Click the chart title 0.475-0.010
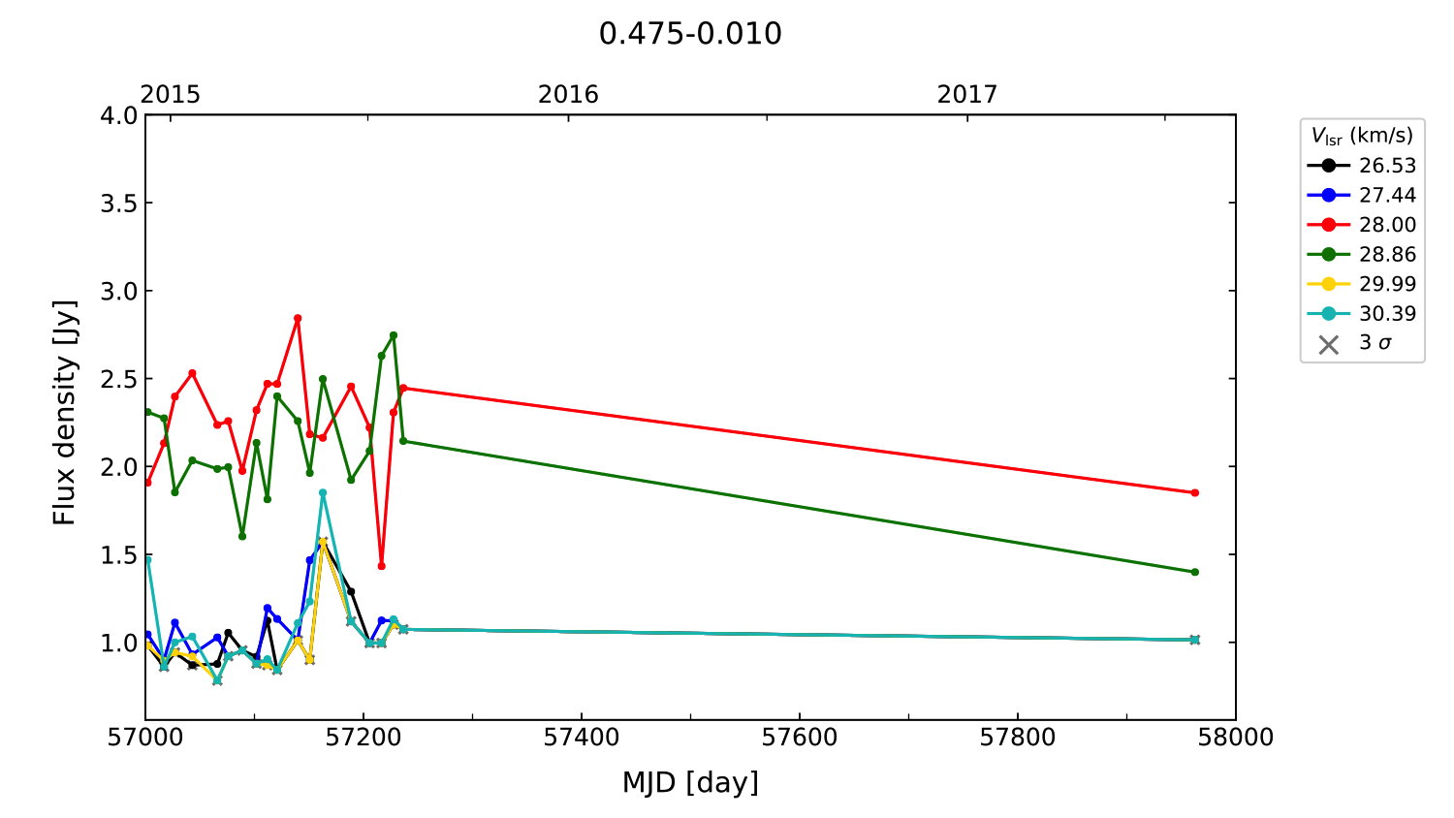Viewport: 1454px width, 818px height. tap(690, 34)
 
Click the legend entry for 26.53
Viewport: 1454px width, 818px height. tap(1361, 166)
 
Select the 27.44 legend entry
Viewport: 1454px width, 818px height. tap(1361, 195)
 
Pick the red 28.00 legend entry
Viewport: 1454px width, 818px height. tap(1361, 225)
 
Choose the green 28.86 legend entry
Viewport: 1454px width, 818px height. tap(1361, 255)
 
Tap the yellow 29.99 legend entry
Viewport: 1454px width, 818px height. tap(1361, 284)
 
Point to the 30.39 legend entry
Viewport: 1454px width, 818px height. tap(1361, 314)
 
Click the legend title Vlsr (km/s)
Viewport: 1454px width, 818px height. tap(1362, 136)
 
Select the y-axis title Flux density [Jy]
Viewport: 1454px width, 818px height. tap(64, 413)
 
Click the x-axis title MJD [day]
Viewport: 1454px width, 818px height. tap(690, 782)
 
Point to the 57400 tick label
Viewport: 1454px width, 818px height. tap(582, 738)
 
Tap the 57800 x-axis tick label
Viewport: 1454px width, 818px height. tap(1017, 738)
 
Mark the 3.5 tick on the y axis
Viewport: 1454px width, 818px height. tap(119, 204)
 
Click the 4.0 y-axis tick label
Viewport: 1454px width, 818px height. tap(119, 115)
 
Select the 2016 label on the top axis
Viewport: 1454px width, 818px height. tap(568, 94)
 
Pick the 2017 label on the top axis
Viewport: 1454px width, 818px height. tap(966, 94)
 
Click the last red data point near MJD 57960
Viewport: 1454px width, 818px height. tap(1194, 493)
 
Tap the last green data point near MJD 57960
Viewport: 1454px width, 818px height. tap(1194, 572)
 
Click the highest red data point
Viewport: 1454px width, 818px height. tap(298, 318)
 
